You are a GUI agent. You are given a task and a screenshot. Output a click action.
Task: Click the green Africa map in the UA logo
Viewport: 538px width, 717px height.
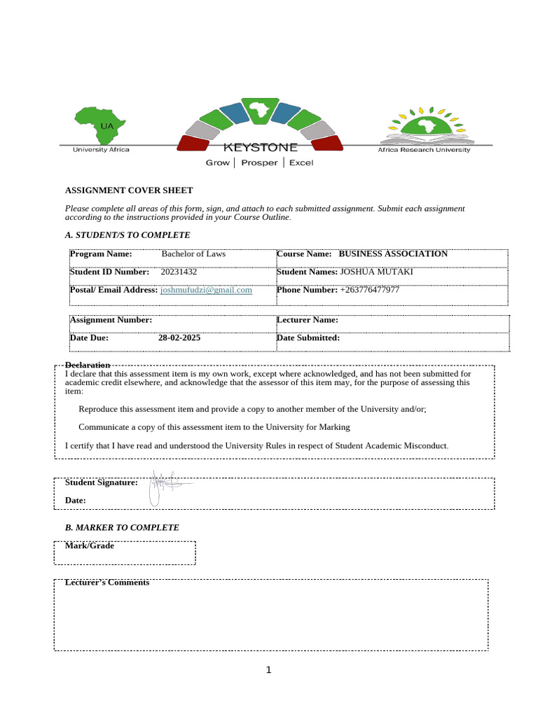[101, 125]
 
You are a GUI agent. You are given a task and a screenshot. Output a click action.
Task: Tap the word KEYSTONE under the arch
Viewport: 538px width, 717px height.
[260, 148]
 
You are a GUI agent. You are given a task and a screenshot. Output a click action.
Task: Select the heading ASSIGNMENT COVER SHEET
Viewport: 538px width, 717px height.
[128, 190]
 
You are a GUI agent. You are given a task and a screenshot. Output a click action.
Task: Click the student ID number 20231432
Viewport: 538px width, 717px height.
[179, 272]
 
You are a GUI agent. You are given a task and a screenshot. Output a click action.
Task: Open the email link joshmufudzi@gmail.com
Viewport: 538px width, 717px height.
[206, 290]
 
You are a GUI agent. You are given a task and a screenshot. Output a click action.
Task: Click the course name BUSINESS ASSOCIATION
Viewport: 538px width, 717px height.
[392, 254]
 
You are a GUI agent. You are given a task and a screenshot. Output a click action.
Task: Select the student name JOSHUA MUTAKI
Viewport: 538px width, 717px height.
[376, 272]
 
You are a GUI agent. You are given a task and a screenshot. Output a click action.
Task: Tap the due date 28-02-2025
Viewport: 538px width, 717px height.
[179, 337]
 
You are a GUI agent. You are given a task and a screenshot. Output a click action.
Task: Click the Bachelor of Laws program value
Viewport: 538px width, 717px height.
[193, 254]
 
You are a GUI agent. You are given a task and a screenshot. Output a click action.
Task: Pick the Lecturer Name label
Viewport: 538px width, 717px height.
[308, 320]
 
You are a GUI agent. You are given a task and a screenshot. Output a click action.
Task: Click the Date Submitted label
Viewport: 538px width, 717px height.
[308, 337]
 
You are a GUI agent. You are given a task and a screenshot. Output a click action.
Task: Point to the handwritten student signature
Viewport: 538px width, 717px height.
[165, 485]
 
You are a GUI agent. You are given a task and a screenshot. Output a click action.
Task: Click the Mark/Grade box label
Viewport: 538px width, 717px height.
[89, 545]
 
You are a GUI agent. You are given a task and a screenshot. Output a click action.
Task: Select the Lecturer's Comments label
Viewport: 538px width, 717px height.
[106, 583]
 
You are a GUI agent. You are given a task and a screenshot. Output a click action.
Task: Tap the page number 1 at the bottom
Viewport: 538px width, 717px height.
[268, 670]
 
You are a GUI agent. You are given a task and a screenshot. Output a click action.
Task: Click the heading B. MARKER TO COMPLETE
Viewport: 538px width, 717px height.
[122, 527]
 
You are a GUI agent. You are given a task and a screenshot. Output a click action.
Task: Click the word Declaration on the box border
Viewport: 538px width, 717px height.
[87, 365]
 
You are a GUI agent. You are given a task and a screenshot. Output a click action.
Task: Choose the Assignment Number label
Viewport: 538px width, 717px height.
[111, 320]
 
